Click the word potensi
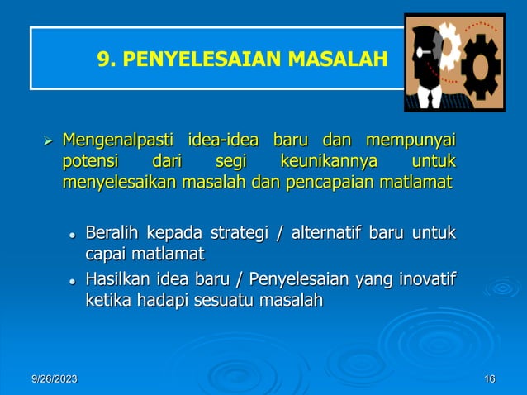[90, 159]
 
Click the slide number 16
[490, 378]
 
